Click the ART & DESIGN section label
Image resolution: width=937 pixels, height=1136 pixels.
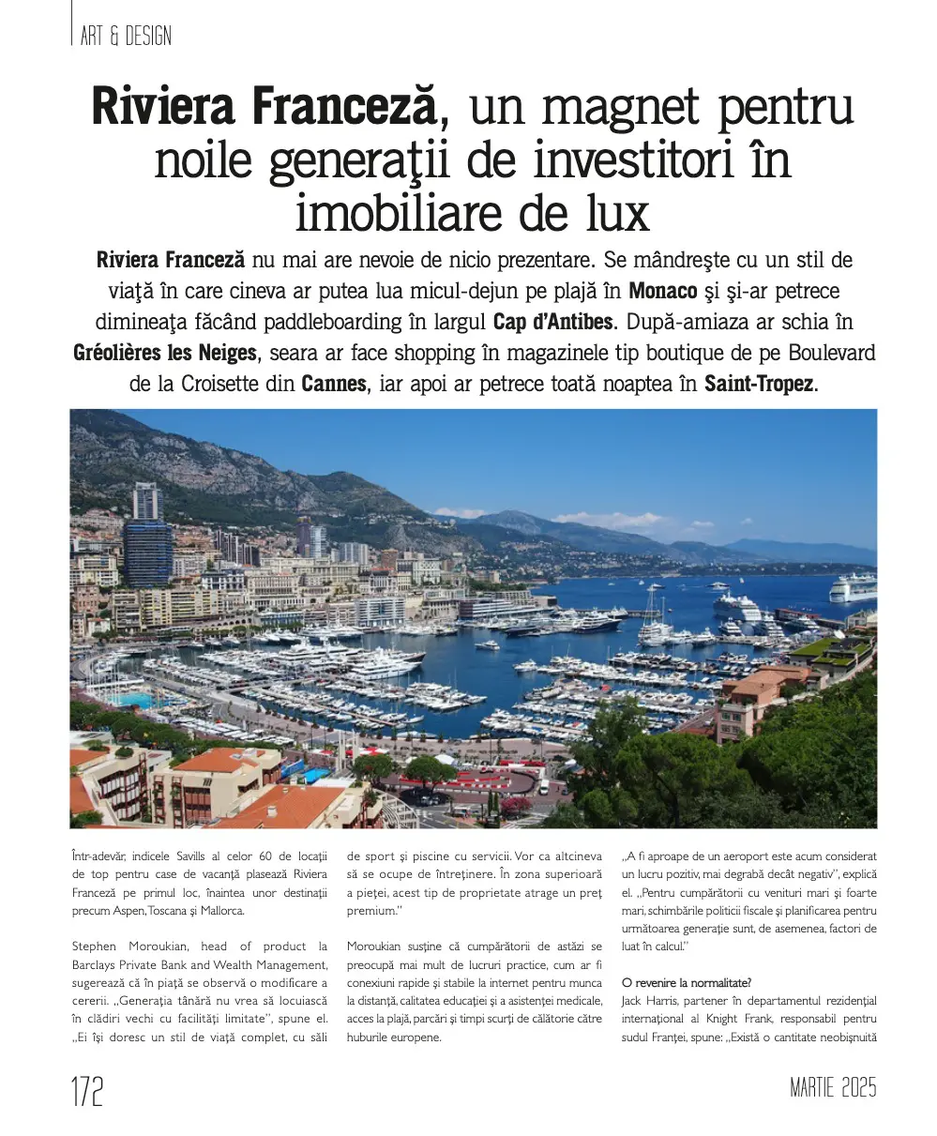[126, 36]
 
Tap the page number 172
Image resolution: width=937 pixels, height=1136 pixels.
[87, 1092]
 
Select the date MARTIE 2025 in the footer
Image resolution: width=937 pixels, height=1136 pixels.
[833, 1088]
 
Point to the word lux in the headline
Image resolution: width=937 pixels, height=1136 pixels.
[607, 214]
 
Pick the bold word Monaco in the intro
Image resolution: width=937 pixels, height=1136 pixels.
[662, 290]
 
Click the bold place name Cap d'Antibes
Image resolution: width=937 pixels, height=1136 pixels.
[552, 322]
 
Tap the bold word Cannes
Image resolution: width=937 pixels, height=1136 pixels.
[334, 385]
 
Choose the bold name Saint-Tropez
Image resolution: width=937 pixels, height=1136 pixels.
[759, 385]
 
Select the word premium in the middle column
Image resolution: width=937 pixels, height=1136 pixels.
[372, 911]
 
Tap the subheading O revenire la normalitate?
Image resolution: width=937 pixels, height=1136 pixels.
[686, 983]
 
